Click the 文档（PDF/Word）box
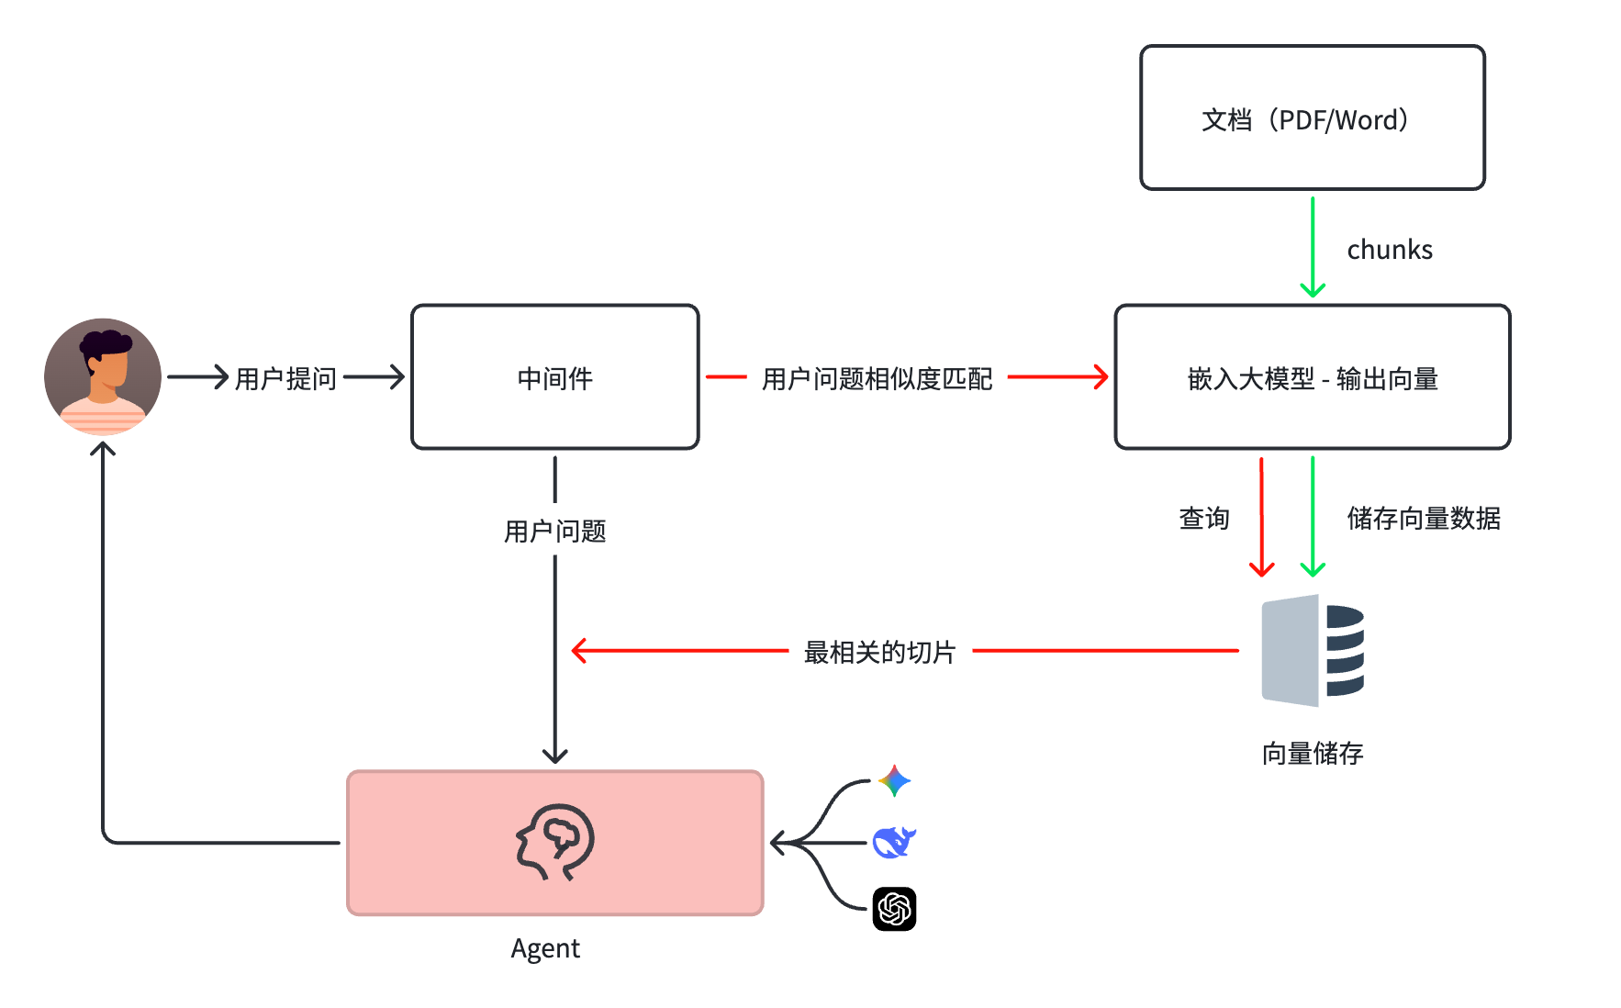coord(1312,118)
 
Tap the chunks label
coord(1389,250)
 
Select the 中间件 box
coord(554,377)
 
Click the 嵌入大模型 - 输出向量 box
coord(1312,377)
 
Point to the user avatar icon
coord(103,376)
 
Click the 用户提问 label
coord(285,378)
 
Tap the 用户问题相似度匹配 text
coord(877,378)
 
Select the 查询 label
coord(1203,519)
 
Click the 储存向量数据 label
coord(1423,519)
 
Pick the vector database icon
coord(1313,650)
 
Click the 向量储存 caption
coord(1312,754)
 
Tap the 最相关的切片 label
coord(879,652)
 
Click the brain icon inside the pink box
coord(554,842)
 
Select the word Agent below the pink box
coord(545,948)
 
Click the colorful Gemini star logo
coord(894,781)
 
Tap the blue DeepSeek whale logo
coord(894,842)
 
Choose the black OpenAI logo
coord(894,909)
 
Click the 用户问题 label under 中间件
coord(554,531)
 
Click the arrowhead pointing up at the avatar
coord(103,449)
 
